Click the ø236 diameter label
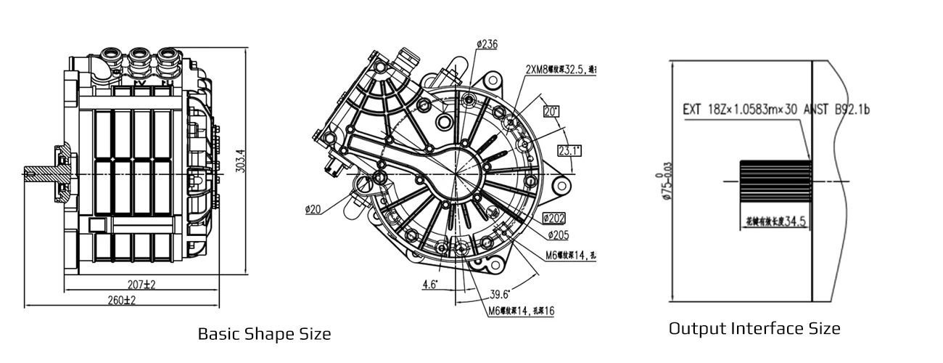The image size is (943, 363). click(x=487, y=44)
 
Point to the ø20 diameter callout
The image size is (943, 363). click(x=313, y=211)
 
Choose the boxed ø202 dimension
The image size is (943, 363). click(x=555, y=218)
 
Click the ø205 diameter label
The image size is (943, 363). click(x=558, y=234)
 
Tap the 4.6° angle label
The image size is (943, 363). click(x=430, y=285)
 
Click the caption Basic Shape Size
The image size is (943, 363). click(x=264, y=334)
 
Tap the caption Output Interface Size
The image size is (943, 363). click(x=754, y=328)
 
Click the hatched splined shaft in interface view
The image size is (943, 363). click(x=774, y=181)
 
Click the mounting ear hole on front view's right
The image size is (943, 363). click(x=561, y=186)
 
